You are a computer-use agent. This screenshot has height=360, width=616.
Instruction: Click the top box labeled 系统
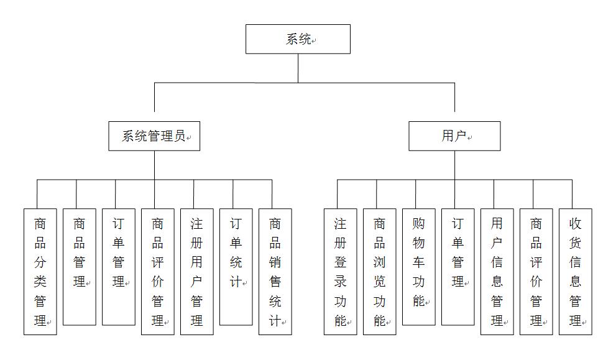298,39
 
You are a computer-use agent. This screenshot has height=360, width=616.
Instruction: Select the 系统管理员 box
154,136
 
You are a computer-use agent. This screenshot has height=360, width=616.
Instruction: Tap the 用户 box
454,136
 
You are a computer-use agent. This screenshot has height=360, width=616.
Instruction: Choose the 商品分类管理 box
40,272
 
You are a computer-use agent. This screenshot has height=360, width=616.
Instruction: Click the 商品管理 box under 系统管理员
80,267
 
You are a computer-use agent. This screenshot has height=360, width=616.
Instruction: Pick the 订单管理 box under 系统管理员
119,267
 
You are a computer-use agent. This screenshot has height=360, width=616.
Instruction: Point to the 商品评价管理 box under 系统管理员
157,272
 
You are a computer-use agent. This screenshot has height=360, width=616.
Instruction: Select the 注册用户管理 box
197,272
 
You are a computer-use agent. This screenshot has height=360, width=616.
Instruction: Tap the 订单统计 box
236,267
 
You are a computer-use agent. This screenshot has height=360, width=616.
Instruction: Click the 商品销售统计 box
275,272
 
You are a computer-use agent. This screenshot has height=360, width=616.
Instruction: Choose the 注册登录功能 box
340,272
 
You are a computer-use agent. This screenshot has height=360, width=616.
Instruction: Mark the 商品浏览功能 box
380,272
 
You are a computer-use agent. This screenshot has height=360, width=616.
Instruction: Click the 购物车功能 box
419,267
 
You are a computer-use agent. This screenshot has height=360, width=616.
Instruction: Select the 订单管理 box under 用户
457,267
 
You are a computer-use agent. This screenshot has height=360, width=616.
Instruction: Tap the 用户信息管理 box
497,272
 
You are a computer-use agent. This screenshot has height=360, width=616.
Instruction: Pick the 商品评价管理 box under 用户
536,272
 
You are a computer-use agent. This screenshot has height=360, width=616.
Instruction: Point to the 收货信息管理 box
575,272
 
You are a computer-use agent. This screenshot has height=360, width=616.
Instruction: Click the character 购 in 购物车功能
419,224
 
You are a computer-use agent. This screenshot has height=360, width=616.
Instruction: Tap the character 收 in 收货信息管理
575,224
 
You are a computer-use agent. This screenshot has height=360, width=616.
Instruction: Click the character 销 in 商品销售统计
275,262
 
